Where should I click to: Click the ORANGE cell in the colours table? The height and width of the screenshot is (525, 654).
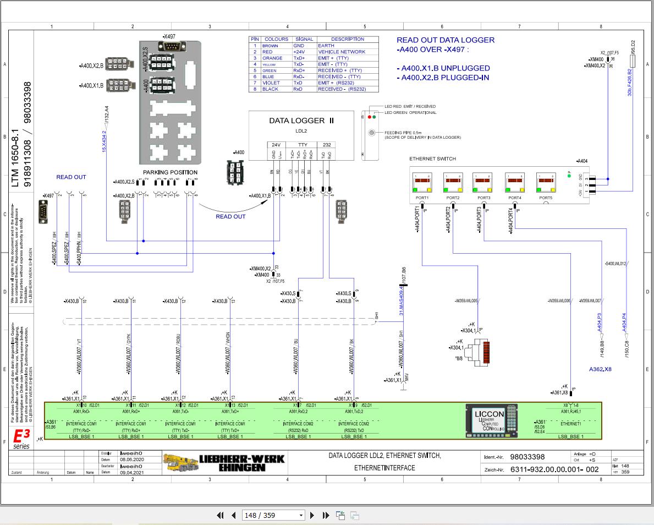[272, 58]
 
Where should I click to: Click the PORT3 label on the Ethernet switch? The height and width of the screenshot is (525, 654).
[483, 198]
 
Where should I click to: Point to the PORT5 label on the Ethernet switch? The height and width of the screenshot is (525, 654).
[545, 198]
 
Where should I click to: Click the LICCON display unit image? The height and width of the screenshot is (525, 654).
[492, 421]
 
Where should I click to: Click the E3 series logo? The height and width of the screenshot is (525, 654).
[21, 439]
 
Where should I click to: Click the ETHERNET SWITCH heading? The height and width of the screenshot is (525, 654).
[432, 159]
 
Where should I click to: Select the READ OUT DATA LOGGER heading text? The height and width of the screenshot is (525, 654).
[446, 40]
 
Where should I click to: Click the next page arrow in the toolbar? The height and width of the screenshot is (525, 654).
[312, 515]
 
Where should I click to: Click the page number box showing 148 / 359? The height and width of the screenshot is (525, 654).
[274, 515]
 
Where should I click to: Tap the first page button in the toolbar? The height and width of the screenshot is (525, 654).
[221, 515]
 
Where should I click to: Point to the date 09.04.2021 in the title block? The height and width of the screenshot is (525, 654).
[131, 472]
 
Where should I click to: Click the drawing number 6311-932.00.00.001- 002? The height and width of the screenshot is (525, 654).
[554, 469]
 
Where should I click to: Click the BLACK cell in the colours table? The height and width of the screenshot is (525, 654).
[271, 89]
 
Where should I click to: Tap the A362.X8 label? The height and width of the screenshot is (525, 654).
[600, 369]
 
